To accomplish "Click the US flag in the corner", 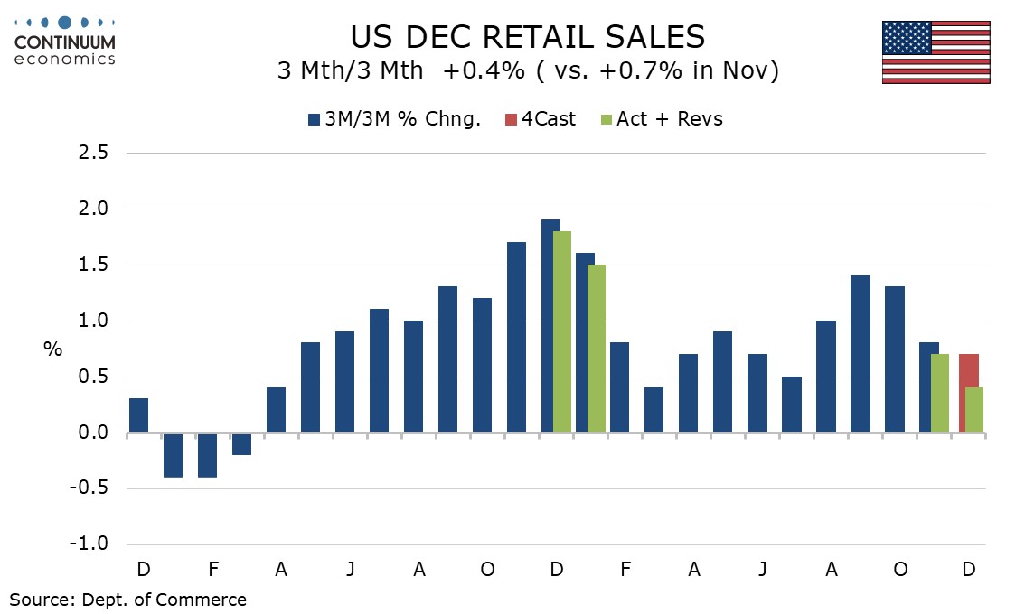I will coord(936,52).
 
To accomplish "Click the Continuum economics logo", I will coord(64,41).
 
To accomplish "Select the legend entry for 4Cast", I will coord(541,119).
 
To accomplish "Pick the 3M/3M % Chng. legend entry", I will coord(395,119).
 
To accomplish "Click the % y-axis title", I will coord(53,349).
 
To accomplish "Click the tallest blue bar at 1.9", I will coord(550,326).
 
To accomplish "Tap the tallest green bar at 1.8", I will coord(562,332).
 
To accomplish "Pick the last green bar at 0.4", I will coord(973,410).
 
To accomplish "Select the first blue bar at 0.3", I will coord(138,415).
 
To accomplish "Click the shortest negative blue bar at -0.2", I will coord(241,444).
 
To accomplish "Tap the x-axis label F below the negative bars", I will coord(212,570).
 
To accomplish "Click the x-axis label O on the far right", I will coord(899,570).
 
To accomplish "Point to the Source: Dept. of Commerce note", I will coord(127,599).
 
